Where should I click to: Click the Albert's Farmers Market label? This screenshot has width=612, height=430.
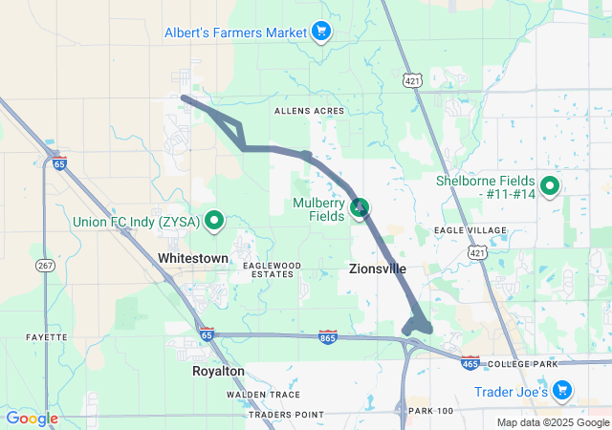[234, 32]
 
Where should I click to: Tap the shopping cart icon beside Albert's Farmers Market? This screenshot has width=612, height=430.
[321, 32]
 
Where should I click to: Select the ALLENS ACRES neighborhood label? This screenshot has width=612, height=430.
[309, 111]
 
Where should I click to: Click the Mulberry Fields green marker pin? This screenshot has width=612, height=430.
[360, 206]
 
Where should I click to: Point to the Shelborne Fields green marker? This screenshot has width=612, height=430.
[550, 186]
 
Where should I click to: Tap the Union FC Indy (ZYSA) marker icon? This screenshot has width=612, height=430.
[215, 222]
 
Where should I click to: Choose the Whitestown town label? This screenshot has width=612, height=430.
[193, 259]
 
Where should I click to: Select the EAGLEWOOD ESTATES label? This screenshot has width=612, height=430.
[272, 269]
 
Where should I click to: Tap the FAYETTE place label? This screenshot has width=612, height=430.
[47, 337]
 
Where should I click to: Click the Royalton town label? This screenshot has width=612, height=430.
[218, 371]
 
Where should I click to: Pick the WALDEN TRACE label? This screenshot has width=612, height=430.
[263, 395]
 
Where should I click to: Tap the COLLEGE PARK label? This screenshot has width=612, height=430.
[522, 365]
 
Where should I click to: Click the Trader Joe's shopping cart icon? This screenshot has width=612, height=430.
[561, 390]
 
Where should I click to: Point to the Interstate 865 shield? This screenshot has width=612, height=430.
[327, 337]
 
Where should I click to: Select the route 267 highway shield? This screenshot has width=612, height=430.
[45, 265]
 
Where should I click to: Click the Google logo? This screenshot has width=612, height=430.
[32, 419]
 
